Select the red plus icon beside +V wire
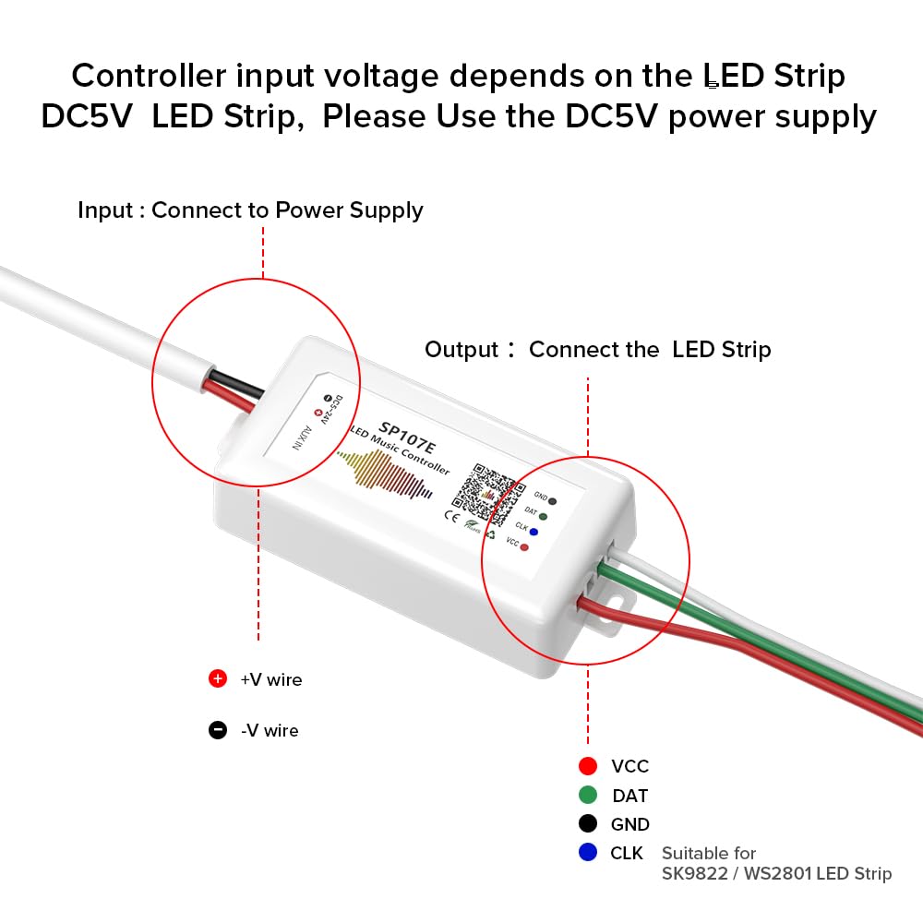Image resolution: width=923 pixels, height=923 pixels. coord(218,679)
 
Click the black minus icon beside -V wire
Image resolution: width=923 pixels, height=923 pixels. coord(218,730)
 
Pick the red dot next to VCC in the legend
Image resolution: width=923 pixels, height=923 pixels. coord(588,766)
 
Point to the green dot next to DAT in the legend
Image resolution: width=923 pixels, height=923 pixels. coord(588,795)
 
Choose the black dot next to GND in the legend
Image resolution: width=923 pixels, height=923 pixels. coord(588,824)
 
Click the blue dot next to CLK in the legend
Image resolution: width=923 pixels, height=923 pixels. coord(588,853)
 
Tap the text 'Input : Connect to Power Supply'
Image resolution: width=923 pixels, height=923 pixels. coord(250,210)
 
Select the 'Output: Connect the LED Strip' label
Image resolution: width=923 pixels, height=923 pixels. coord(597,350)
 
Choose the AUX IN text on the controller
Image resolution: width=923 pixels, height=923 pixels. coord(302,434)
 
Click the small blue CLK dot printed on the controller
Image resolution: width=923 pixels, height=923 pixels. coord(533,532)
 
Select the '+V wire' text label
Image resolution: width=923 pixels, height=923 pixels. coord(270,680)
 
